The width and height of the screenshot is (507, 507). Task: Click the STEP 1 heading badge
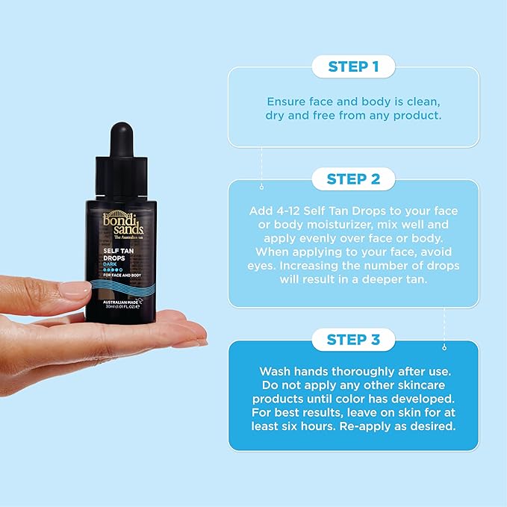click(353, 67)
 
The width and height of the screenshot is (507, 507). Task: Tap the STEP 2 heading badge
click(353, 179)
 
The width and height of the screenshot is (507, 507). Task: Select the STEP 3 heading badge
click(353, 340)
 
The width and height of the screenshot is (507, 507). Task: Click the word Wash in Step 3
click(275, 370)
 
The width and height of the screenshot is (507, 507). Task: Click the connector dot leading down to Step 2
click(261, 187)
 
